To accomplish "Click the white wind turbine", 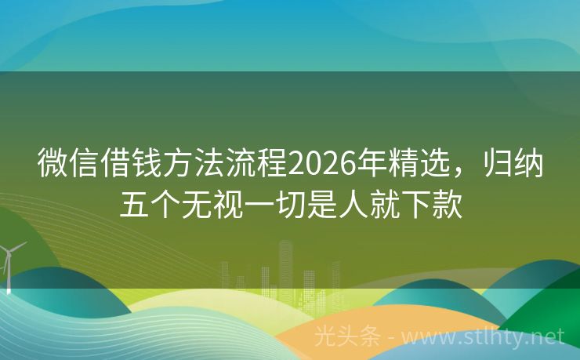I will tap(9, 263).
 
